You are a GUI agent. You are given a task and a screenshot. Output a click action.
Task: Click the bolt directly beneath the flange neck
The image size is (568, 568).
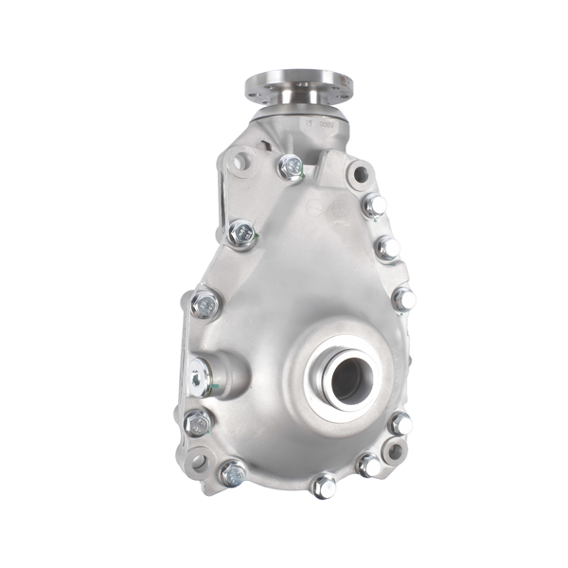coord(291,169)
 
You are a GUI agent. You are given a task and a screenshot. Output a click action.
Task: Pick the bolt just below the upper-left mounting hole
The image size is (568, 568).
coord(241,232)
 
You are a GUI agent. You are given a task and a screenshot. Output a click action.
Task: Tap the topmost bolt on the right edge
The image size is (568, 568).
coord(375,205)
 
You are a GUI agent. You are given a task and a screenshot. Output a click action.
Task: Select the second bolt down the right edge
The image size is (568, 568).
coord(387,248)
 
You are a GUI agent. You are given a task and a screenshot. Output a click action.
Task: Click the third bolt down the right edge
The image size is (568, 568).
coord(403,298)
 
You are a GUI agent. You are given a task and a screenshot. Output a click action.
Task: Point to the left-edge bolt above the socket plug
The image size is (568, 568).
coord(204,303)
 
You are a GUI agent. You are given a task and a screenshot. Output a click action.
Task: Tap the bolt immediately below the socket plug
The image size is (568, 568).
coord(198,421)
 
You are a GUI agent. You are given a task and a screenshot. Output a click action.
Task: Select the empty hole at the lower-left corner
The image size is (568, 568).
coord(197,461)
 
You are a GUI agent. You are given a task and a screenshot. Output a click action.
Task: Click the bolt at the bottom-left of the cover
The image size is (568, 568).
coord(232,472)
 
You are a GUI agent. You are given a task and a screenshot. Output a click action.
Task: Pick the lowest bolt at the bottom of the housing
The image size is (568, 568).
coord(325,486)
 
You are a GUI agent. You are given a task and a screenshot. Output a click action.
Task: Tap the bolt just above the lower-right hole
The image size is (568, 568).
coord(400,423)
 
